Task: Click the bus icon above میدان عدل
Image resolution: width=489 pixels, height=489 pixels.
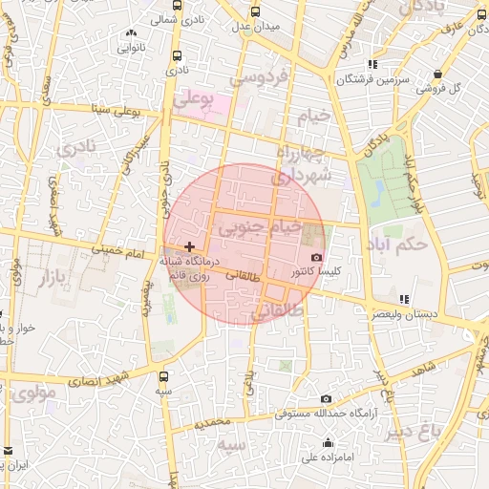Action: point(255,11)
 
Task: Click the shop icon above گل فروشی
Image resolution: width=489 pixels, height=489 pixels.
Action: point(437,74)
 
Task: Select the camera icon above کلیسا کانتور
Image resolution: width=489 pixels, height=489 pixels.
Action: point(317,257)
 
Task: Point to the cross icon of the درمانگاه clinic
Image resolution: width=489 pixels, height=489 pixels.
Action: point(188,246)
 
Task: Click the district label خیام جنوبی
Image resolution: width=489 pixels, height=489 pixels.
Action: point(259,228)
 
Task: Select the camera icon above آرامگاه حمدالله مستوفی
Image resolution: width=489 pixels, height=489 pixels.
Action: point(327,398)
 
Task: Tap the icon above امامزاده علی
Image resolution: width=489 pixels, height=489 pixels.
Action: point(329,442)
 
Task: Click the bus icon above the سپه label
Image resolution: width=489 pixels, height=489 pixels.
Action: point(165,376)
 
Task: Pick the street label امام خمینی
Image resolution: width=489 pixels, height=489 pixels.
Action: point(118,253)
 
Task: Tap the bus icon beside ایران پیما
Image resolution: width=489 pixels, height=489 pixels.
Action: point(9,451)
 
